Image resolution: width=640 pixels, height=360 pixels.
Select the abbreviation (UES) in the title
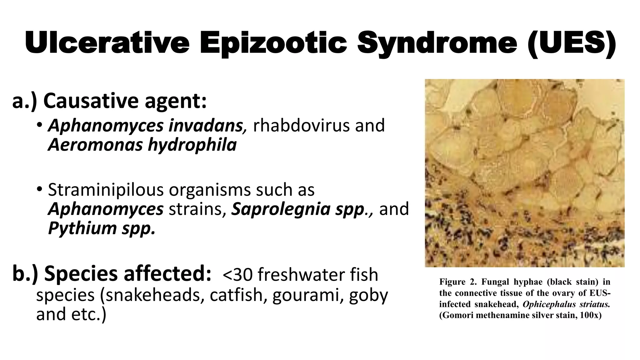[572, 43]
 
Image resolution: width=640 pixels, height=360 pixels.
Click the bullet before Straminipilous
[39, 189]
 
